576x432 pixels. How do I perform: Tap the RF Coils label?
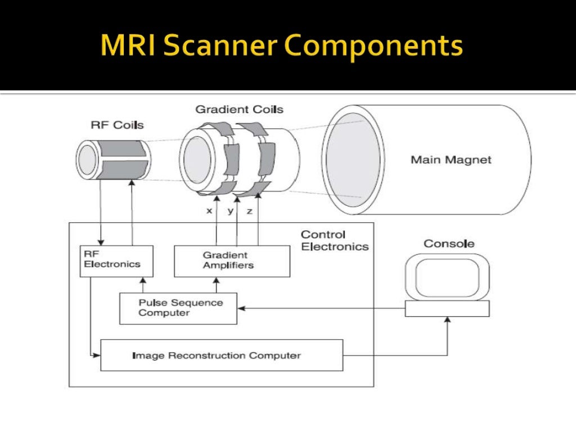point(117,125)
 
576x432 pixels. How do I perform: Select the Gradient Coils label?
point(239,109)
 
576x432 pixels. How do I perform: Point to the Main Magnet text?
point(451,160)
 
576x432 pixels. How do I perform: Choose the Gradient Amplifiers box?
point(232,260)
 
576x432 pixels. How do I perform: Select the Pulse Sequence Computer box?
point(178,308)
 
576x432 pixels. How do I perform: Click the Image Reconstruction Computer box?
point(221,355)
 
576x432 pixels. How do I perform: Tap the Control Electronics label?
point(334,240)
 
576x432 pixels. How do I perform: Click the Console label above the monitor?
point(449,244)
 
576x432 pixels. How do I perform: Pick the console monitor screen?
point(447,278)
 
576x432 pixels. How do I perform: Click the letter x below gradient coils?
point(209,211)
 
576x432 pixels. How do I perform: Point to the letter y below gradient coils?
point(230,211)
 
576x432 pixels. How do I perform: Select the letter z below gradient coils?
point(249,211)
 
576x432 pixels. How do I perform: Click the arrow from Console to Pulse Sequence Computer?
point(321,308)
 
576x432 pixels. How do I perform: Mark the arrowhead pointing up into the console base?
point(448,319)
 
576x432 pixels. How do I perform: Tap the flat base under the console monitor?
point(447,308)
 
